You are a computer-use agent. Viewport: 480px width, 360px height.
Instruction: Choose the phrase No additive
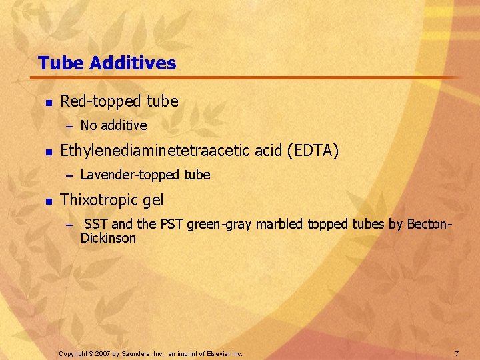pos(113,125)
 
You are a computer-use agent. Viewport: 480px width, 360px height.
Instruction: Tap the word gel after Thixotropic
pos(153,201)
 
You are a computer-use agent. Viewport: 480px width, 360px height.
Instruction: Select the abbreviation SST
pos(97,225)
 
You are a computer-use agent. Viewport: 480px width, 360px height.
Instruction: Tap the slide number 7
pos(457,353)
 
